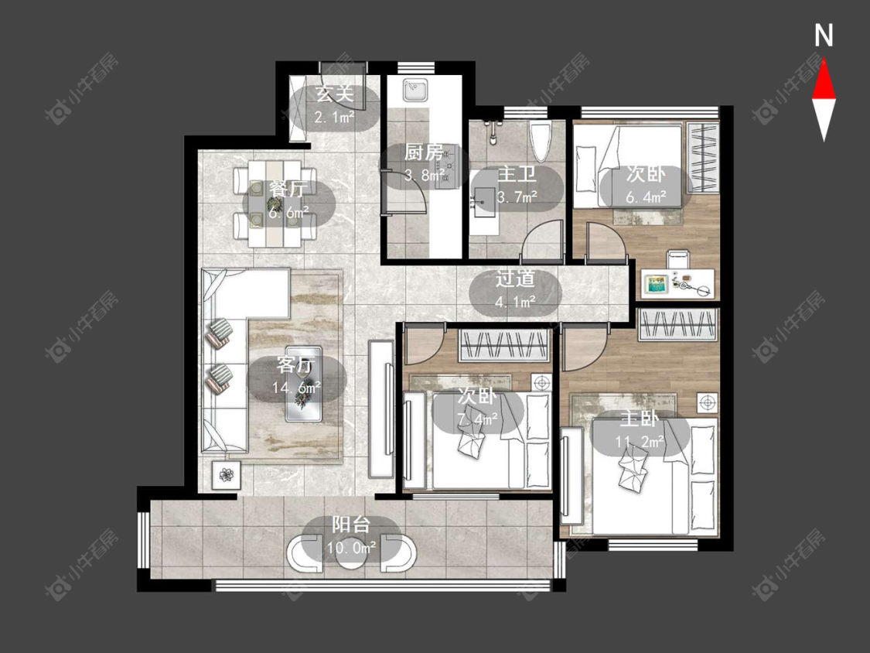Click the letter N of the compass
(824, 36)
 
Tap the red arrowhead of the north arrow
(824, 80)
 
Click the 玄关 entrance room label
(335, 94)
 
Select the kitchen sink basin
(415, 91)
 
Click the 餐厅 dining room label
(286, 190)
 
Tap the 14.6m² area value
(297, 388)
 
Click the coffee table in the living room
(303, 384)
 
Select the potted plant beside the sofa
(226, 475)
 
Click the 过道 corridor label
(516, 279)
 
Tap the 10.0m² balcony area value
(352, 548)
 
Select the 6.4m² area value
(646, 197)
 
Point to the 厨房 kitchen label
(424, 152)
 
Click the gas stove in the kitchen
(449, 165)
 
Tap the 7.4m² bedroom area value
(478, 418)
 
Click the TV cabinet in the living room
(381, 409)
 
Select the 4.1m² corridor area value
(516, 302)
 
